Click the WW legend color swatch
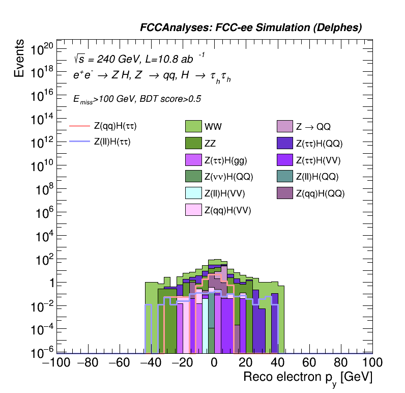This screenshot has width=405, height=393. point(194,126)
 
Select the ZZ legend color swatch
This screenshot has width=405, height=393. point(194,144)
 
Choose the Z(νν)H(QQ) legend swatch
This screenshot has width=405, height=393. point(194,177)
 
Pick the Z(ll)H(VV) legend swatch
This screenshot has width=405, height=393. point(194,193)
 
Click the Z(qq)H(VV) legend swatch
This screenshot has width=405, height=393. point(194,210)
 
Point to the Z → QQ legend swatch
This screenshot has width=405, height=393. point(285,126)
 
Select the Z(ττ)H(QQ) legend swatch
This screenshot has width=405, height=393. point(285,144)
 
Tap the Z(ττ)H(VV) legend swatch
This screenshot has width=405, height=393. point(285,161)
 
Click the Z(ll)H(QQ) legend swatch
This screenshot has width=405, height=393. point(285,177)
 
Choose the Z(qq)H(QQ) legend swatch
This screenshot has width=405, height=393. point(285,193)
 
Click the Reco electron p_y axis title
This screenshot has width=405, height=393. point(308,378)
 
